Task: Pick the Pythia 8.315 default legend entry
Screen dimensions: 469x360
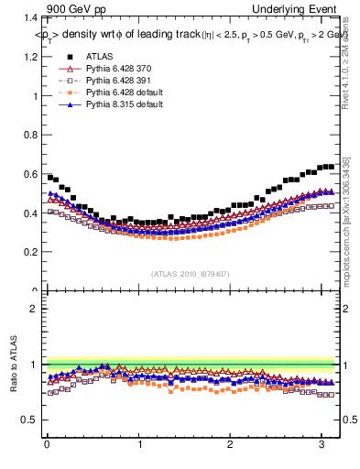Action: [125, 105]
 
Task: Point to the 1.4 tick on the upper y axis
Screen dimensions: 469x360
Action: [30, 18]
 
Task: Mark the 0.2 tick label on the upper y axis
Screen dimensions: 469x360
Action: [30, 252]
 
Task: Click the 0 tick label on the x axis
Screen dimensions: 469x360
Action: [47, 446]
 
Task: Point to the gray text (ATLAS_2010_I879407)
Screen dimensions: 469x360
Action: [190, 274]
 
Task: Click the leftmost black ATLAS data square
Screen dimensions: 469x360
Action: [50, 177]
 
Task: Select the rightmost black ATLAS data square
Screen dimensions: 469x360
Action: [332, 166]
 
